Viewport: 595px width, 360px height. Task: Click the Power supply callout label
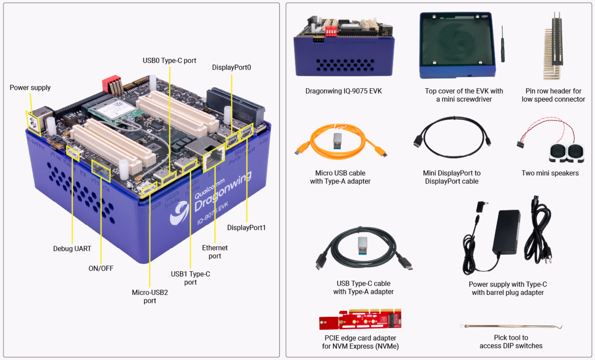30,88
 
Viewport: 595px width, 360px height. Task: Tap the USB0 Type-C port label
169,60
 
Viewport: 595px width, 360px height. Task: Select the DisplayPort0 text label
231,67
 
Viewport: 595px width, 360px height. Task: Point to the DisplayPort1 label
246,228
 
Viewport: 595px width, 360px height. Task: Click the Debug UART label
72,249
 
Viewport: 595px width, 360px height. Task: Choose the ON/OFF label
101,268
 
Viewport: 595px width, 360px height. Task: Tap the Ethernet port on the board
213,159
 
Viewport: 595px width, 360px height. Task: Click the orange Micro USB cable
340,143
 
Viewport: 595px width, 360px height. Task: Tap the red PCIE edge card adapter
360,319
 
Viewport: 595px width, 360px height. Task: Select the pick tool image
511,326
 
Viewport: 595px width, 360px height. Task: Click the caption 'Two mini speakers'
550,173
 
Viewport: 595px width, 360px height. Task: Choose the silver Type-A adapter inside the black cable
363,246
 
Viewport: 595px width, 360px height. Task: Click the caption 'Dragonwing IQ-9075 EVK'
343,91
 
